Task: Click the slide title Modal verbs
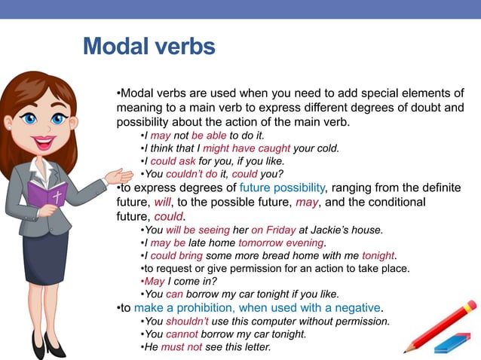(x=149, y=47)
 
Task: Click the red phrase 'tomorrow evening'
(x=281, y=243)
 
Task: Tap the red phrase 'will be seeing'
(x=200, y=230)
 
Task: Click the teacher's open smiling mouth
(x=43, y=141)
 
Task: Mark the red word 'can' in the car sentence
(x=174, y=294)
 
